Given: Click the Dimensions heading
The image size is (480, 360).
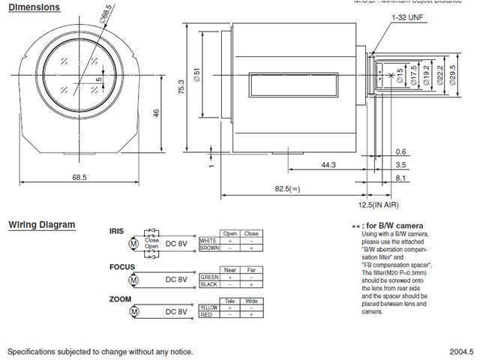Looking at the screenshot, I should click(x=34, y=7).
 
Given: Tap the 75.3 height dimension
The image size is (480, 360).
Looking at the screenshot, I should click(x=180, y=88).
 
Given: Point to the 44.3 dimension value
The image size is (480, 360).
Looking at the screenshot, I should click(x=327, y=163).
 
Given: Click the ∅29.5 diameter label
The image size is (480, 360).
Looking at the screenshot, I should click(x=453, y=76).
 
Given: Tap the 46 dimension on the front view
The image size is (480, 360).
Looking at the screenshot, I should click(x=155, y=112).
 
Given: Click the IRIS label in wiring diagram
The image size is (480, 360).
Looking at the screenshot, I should click(x=118, y=232).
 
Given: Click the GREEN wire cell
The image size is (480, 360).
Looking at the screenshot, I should click(x=208, y=276).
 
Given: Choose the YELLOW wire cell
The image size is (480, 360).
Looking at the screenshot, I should click(x=209, y=307).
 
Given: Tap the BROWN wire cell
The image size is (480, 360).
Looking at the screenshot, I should click(x=209, y=247).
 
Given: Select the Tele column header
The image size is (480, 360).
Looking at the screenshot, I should click(x=230, y=301).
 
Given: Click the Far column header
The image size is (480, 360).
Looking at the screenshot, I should click(x=251, y=269).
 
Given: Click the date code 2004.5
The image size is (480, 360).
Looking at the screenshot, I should click(x=460, y=351).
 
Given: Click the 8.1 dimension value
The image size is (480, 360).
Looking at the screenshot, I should click(x=400, y=178).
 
